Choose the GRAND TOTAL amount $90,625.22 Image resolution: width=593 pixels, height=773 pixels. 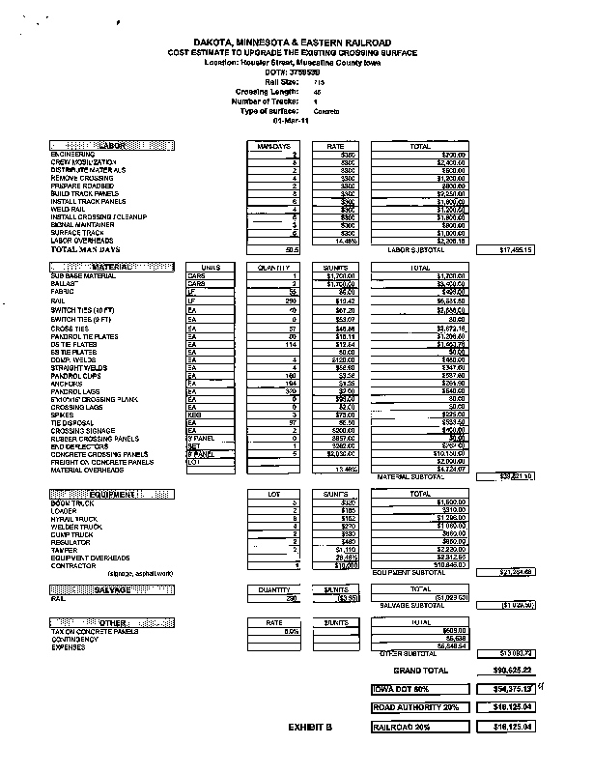506,669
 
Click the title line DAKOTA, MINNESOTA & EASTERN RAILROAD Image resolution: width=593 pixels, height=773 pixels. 293,43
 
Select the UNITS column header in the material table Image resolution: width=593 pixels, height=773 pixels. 211,267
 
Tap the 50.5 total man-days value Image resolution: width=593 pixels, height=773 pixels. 293,249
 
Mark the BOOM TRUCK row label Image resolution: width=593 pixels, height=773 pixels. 72,502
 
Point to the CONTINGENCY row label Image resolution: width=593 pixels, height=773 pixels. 74,639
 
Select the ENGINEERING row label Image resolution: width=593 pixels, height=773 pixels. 72,155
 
